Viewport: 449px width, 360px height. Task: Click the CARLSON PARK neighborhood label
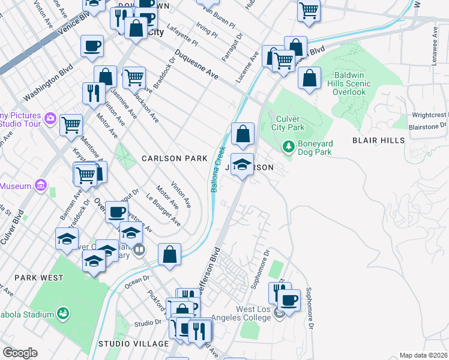pos(174,158)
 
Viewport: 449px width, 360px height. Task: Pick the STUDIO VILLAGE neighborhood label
pos(133,344)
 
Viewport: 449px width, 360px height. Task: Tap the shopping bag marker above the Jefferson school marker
pos(243,134)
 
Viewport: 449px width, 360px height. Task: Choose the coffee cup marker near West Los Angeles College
pos(289,299)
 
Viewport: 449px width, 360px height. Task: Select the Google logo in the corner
pos(20,353)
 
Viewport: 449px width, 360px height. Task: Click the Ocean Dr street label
pos(138,280)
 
